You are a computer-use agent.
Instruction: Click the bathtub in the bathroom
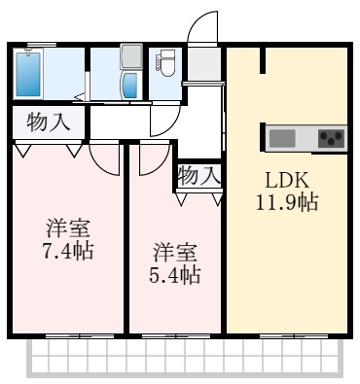click(29, 73)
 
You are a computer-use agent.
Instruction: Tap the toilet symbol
click(166, 65)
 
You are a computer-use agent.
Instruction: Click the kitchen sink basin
click(282, 138)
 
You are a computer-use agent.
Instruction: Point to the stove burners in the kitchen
click(331, 138)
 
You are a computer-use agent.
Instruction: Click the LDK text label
click(287, 181)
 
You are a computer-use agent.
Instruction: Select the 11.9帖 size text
click(287, 203)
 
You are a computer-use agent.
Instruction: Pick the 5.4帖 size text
click(175, 274)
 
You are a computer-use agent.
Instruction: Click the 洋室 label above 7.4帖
click(68, 230)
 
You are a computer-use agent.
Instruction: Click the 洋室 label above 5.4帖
click(175, 252)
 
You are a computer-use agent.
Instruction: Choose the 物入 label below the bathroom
click(48, 123)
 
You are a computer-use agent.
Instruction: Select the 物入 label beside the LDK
click(199, 176)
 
